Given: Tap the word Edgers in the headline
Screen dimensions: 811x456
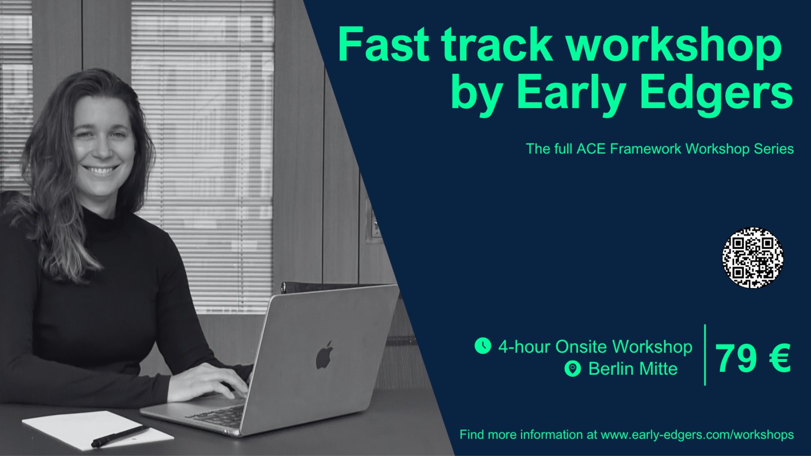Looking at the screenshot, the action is (x=717, y=94).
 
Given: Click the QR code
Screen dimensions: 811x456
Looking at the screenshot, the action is (x=753, y=258).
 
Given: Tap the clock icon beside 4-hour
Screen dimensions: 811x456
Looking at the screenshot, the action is (x=483, y=345).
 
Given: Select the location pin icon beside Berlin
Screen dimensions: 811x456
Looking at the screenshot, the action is (x=573, y=369).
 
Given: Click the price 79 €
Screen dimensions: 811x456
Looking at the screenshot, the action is (x=753, y=358).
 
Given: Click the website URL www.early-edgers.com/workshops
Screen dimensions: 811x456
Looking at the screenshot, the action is (x=697, y=434).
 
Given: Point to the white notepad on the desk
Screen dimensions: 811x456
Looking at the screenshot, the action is (x=98, y=430).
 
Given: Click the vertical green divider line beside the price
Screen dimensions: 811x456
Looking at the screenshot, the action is (x=705, y=355).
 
